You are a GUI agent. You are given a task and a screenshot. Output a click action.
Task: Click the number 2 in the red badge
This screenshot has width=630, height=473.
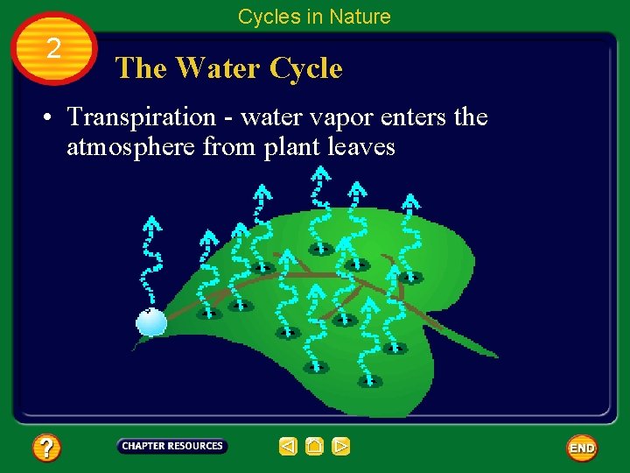[x=53, y=48]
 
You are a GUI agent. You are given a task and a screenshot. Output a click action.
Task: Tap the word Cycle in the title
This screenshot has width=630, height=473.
[x=305, y=68]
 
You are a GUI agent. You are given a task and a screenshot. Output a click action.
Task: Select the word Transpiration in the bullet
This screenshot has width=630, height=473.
[x=141, y=116]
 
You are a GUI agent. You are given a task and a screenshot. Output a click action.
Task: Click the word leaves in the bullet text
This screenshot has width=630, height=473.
[x=361, y=147]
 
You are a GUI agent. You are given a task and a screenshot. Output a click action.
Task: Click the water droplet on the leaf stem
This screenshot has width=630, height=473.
[x=151, y=322]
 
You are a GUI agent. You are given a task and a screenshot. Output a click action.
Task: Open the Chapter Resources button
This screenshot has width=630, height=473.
[x=172, y=446]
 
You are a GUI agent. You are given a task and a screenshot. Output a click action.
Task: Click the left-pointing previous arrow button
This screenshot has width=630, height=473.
[x=288, y=447]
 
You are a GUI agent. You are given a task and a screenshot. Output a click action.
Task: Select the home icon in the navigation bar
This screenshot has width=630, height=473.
[x=315, y=447]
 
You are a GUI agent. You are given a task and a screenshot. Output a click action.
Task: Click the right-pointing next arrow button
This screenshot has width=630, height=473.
[x=341, y=447]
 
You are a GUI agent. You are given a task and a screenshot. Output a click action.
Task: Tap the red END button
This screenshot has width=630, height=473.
[x=582, y=448]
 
